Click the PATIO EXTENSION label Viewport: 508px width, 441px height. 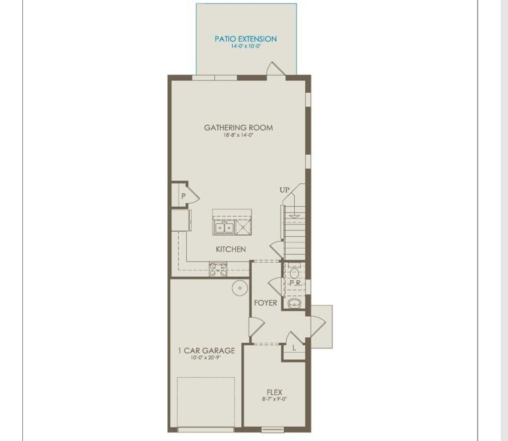[x=246, y=39]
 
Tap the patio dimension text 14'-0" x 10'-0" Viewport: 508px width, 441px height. [x=246, y=46]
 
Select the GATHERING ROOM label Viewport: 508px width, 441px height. [x=239, y=127]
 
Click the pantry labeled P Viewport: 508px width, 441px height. [x=183, y=196]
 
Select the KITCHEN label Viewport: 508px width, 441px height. [x=231, y=249]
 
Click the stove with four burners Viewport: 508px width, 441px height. [x=218, y=270]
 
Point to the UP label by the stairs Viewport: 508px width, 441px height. [x=284, y=190]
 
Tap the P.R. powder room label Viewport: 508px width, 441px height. [x=296, y=283]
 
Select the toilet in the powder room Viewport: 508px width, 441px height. [x=294, y=273]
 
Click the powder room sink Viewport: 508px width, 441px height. [x=294, y=304]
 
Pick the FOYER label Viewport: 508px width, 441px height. [x=266, y=303]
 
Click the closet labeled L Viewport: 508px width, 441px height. [x=294, y=348]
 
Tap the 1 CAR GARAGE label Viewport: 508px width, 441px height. [x=206, y=350]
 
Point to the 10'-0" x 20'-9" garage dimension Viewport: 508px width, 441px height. [x=206, y=357]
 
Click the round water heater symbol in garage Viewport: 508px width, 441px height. [x=240, y=288]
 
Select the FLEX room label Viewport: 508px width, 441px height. [x=274, y=392]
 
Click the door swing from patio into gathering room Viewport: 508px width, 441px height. [x=274, y=69]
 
